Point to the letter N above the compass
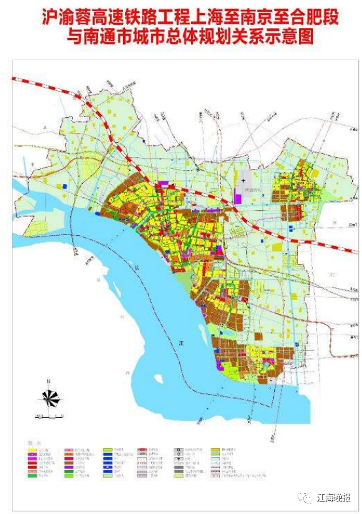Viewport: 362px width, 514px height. point(49,381)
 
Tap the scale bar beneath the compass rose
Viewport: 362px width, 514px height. point(49,416)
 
